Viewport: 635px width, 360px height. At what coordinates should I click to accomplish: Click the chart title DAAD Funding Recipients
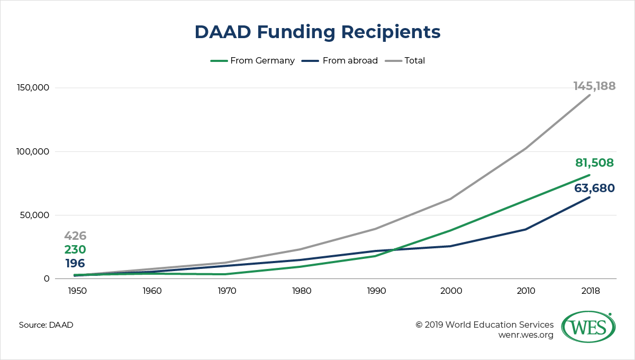(x=317, y=32)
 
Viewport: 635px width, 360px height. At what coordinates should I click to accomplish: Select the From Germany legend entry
(x=253, y=60)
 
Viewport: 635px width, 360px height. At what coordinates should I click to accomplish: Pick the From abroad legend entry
(x=340, y=60)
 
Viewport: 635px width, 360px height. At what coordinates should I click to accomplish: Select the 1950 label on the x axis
(x=75, y=291)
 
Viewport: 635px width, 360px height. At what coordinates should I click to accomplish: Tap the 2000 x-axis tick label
(x=450, y=291)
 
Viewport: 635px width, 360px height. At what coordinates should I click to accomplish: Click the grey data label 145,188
(x=594, y=86)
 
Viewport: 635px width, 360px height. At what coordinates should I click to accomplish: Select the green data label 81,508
(x=594, y=163)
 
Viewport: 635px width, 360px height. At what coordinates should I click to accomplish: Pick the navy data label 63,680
(x=594, y=188)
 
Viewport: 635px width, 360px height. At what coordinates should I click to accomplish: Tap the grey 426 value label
(x=75, y=236)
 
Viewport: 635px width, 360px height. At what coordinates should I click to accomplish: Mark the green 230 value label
(x=75, y=250)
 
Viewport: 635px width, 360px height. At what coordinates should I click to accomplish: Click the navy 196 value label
(x=75, y=264)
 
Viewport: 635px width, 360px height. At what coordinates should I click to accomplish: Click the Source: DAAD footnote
(x=46, y=325)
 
